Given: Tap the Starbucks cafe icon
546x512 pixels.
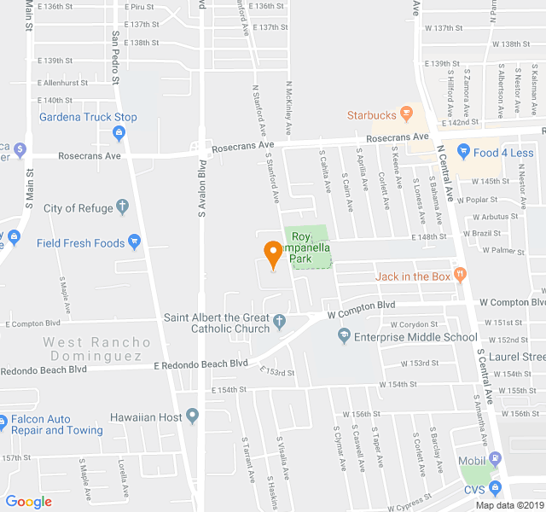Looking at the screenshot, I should click(407, 114).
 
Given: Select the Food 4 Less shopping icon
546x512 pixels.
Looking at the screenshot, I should click(463, 153).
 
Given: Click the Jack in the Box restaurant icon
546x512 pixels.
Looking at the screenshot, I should click(461, 275).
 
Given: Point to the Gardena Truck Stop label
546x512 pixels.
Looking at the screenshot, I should click(88, 117).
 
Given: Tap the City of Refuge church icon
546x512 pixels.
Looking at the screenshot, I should click(122, 207).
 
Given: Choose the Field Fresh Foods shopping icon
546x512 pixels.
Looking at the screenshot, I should click(134, 242).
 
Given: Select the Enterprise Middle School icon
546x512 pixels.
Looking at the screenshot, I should click(344, 337).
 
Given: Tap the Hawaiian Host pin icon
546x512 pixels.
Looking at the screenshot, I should click(193, 416).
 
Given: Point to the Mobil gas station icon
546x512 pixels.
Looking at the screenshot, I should click(495, 465).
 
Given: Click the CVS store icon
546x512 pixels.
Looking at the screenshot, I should click(495, 490).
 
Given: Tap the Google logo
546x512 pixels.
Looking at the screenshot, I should click(28, 502).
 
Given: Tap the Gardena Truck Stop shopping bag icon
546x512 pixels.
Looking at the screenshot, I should click(119, 132).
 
